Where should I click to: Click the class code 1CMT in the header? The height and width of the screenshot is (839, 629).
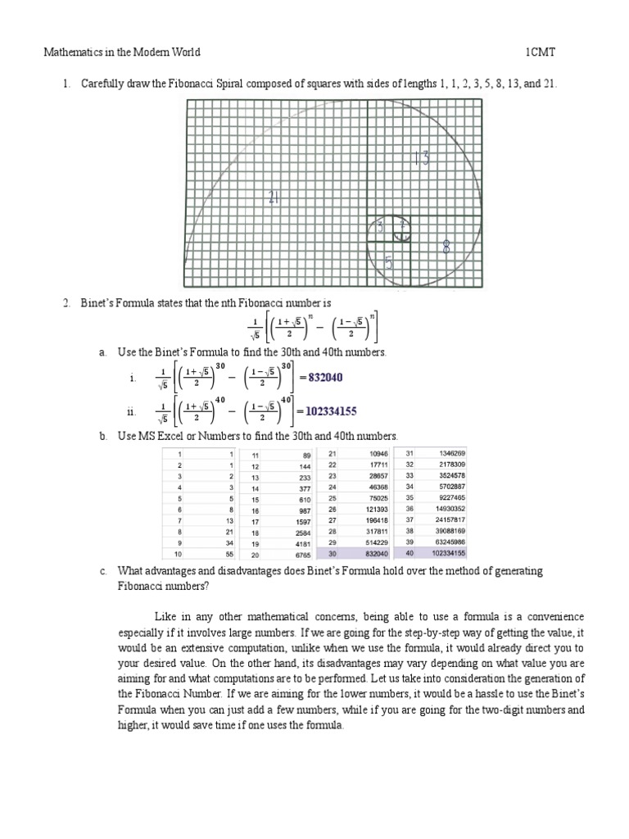tap(541, 52)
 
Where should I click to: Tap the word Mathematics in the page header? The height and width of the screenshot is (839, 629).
tap(72, 52)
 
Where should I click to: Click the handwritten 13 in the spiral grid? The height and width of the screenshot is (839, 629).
tap(421, 159)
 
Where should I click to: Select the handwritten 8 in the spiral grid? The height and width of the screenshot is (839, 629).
tap(447, 246)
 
